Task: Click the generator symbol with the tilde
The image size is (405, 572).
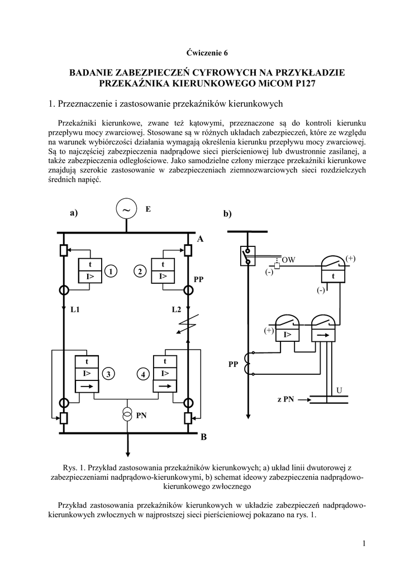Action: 127,209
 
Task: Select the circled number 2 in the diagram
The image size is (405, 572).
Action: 140,271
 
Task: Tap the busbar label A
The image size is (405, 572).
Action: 200,240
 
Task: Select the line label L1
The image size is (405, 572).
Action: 75,309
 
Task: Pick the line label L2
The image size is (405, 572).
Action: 177,309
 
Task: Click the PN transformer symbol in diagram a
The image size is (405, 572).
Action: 127,414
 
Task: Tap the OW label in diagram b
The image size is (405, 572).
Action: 288,260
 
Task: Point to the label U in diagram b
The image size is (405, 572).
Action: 339,389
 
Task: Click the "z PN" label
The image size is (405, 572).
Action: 285,399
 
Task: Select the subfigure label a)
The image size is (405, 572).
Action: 74,212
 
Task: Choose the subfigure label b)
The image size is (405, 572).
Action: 227,214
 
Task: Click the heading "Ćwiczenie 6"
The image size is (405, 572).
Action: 207,53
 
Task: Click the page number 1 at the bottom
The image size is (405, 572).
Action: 363,544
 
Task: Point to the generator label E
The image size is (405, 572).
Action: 148,209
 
